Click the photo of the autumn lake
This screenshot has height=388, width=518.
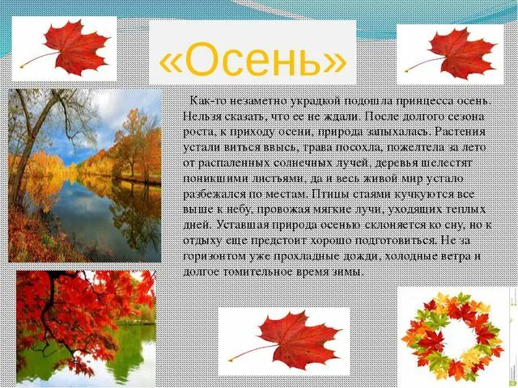tap(85, 175)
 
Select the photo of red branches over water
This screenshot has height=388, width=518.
tap(85, 327)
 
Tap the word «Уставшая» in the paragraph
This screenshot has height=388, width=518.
tap(235, 225)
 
